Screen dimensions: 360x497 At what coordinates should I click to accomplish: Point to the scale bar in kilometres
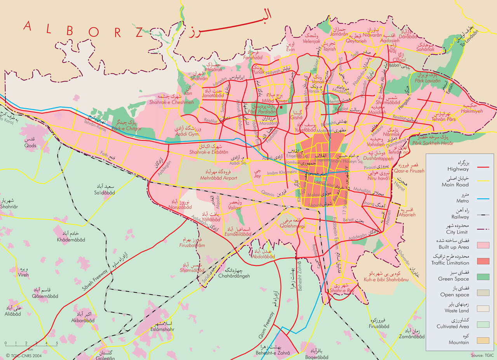pos(31,344)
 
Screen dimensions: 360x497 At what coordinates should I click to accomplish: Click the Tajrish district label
pos(330,49)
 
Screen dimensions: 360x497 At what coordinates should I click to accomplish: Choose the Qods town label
pos(30,146)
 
